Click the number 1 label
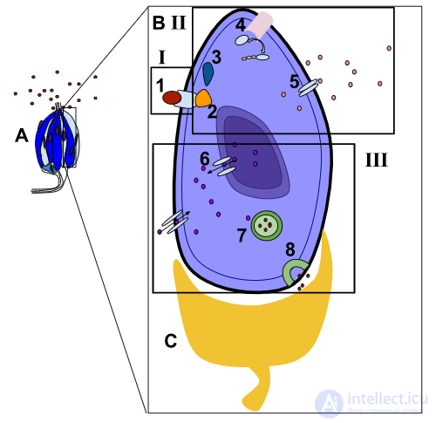(160, 85)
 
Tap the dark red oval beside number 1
(172, 98)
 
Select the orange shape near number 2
(203, 99)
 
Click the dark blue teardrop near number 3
(208, 74)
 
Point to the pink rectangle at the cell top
(260, 24)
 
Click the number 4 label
(241, 25)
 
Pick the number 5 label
(294, 81)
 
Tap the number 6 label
(205, 159)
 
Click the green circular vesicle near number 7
(267, 225)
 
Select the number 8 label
(290, 249)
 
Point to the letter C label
(171, 341)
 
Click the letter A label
(22, 135)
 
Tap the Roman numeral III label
(376, 160)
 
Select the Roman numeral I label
(162, 57)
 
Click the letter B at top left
(159, 23)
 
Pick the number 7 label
(242, 235)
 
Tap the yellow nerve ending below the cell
(253, 325)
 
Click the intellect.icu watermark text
(387, 399)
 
